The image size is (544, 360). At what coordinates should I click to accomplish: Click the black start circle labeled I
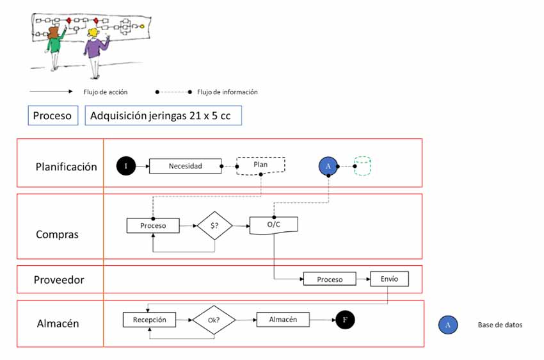coord(126,166)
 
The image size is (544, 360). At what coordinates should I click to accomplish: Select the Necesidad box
coord(185,166)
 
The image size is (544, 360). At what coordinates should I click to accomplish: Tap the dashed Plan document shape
coord(260,165)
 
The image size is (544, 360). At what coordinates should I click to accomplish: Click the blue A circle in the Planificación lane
coord(328,166)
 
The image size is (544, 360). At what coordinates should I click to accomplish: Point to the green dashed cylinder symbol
coord(363,166)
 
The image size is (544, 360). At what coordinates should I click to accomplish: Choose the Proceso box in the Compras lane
coord(153,225)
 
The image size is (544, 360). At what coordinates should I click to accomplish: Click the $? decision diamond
coord(214,225)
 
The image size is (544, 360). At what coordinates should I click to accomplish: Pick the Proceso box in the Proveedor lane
coord(330,279)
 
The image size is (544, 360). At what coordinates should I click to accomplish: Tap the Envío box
coord(388,279)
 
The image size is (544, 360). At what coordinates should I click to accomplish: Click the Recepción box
coord(149,320)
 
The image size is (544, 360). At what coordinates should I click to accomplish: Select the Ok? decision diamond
coord(214,320)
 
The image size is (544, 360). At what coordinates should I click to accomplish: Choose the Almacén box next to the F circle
coord(282,320)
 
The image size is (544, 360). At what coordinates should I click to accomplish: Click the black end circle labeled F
coord(345,320)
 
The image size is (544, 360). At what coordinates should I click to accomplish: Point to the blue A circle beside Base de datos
coord(448,325)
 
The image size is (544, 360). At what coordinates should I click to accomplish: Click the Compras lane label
coord(57,234)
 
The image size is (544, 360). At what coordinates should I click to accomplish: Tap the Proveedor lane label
coord(59,280)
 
